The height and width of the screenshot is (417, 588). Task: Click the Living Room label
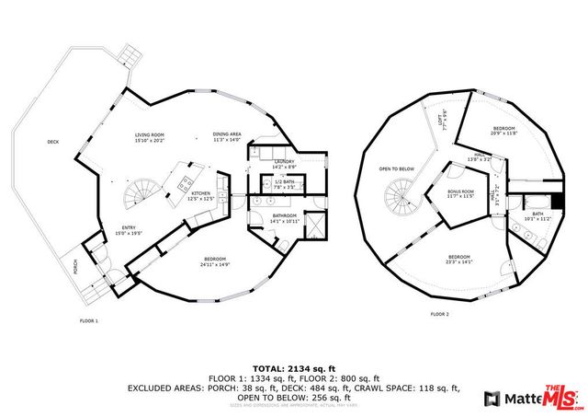coord(149,136)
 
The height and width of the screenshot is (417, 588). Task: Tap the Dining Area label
coord(226,136)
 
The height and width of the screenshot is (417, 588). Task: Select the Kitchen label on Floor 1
coord(200,195)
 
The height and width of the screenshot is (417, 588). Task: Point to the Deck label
coord(53,142)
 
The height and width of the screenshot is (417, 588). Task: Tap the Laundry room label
coord(283,163)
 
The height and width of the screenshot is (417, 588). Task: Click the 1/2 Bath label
coord(283,183)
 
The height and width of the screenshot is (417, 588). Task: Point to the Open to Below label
coord(397,169)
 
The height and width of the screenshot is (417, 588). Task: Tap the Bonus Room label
coord(459,193)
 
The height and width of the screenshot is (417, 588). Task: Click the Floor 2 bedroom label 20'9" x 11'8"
coord(504,130)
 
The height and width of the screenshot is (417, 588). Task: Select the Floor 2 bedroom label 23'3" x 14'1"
coord(458,259)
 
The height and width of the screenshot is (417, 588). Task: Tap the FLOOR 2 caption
coord(439,314)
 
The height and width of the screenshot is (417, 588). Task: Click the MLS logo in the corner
coord(563,396)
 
